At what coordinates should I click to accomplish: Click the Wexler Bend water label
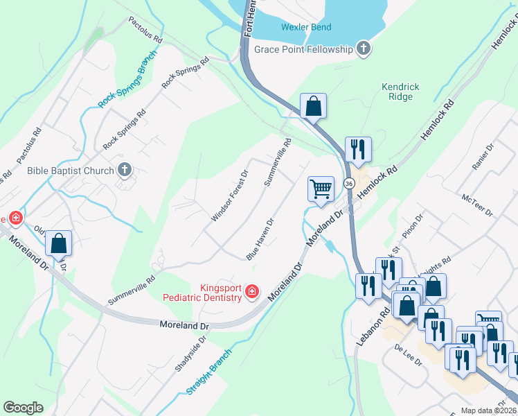pyautogui.click(x=306, y=28)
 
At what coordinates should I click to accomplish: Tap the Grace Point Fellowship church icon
pyautogui.click(x=362, y=49)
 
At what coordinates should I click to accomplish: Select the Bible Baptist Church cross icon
pyautogui.click(x=124, y=170)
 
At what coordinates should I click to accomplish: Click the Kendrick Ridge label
pyautogui.click(x=400, y=92)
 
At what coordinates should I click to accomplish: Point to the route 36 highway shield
pyautogui.click(x=350, y=183)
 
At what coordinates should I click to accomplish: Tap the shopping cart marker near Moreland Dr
pyautogui.click(x=321, y=189)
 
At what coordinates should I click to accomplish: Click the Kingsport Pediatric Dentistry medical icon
pyautogui.click(x=253, y=291)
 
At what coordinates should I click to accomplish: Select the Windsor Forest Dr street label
pyautogui.click(x=230, y=196)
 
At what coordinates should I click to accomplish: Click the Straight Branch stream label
pyautogui.click(x=208, y=372)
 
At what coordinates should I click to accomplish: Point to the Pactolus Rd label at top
pyautogui.click(x=145, y=31)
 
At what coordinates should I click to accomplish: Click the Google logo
pyautogui.click(x=23, y=408)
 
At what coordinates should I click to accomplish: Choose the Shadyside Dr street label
pyautogui.click(x=191, y=354)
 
